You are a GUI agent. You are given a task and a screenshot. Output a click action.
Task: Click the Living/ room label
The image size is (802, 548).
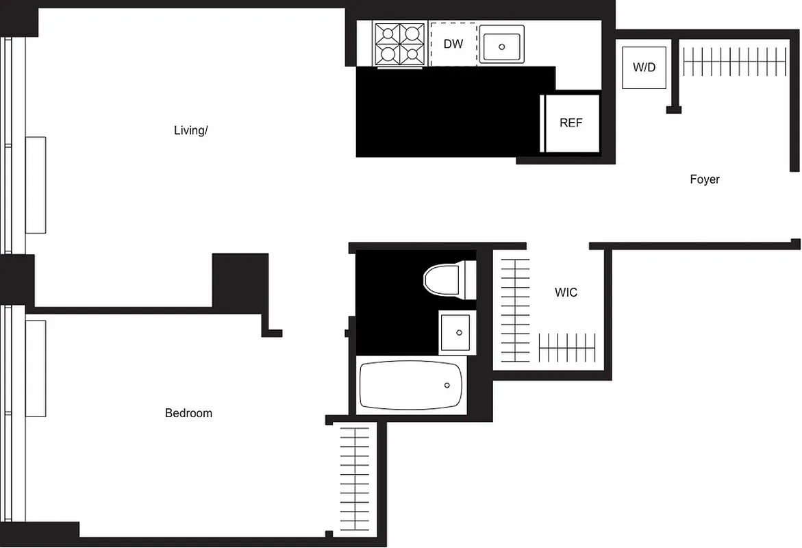pyautogui.click(x=190, y=130)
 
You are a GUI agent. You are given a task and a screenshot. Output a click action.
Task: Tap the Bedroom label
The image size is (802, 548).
pyautogui.click(x=188, y=413)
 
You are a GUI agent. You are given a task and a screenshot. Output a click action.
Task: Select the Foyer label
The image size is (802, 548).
pyautogui.click(x=704, y=179)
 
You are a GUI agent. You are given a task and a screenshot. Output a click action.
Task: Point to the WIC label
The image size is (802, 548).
pyautogui.click(x=566, y=292)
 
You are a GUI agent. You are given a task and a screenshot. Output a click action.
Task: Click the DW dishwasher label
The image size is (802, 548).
pyautogui.click(x=453, y=45)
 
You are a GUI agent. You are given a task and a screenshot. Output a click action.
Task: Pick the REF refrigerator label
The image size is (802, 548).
pyautogui.click(x=571, y=123)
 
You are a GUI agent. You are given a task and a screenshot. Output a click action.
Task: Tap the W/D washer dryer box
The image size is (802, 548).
pyautogui.click(x=644, y=67)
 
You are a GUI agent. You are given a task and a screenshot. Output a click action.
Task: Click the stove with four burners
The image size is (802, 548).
pyautogui.click(x=400, y=44)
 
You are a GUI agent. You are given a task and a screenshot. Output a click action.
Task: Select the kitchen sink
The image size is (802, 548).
pyautogui.click(x=501, y=45)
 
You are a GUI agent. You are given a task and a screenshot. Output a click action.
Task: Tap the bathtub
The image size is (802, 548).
pyautogui.click(x=412, y=386)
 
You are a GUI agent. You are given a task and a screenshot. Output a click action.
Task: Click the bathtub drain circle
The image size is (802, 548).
pyautogui.click(x=447, y=386)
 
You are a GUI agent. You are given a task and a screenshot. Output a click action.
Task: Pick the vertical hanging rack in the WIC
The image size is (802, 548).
pyautogui.click(x=515, y=310)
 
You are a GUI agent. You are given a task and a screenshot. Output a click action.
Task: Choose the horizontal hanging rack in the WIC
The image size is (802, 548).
pyautogui.click(x=567, y=347)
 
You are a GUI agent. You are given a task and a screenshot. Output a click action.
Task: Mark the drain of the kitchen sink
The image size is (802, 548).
pyautogui.click(x=501, y=47)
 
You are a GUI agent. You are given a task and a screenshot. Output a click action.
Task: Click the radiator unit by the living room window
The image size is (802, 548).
pyautogui.click(x=36, y=185)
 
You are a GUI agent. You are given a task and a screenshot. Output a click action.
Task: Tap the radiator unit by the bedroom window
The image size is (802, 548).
pyautogui.click(x=36, y=368)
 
